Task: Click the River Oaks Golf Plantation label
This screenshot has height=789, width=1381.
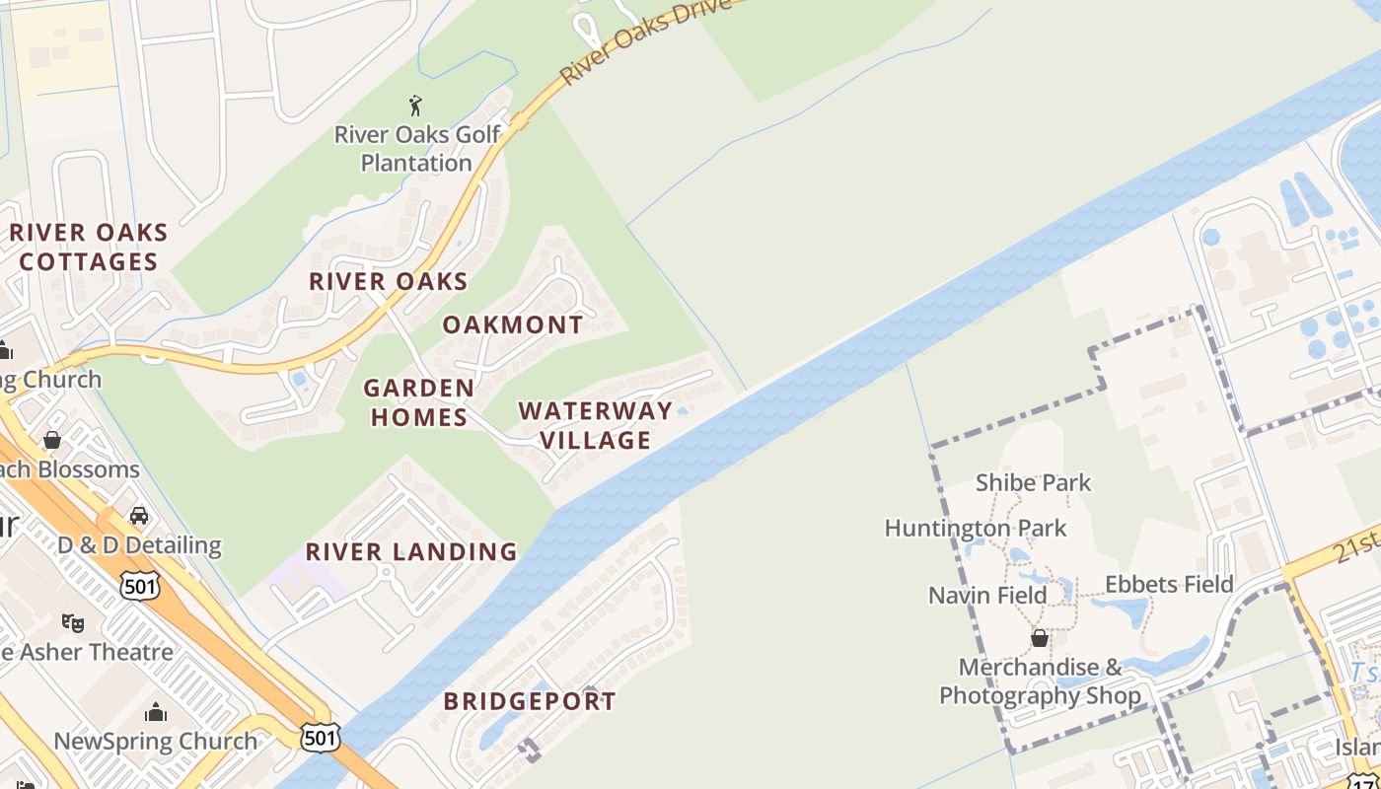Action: (416, 148)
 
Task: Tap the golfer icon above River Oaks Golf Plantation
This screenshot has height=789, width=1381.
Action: (415, 105)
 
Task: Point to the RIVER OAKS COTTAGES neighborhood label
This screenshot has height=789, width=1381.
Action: (89, 248)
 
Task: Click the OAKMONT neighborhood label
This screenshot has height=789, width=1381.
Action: (513, 324)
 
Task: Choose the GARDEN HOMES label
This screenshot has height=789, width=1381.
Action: (418, 402)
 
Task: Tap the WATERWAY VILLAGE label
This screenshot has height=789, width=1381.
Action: (595, 425)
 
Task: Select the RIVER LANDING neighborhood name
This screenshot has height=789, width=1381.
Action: (411, 551)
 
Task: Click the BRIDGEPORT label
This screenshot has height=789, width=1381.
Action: (530, 701)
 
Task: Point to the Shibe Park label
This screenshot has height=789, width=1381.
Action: (1033, 482)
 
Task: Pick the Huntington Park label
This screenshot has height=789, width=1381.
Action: (976, 528)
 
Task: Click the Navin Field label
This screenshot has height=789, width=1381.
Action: (987, 595)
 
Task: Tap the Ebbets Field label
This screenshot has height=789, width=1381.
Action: (1169, 584)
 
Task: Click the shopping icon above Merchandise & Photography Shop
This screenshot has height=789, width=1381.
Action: (1039, 638)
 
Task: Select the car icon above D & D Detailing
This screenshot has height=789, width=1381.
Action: (139, 516)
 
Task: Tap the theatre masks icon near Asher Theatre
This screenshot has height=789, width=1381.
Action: (72, 622)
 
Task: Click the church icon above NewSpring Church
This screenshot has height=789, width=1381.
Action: (156, 712)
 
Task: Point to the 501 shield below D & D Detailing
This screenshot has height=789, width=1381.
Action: (139, 586)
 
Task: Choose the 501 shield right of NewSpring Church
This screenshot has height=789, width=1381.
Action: (321, 737)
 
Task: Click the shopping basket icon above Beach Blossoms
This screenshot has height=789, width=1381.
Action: (52, 440)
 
